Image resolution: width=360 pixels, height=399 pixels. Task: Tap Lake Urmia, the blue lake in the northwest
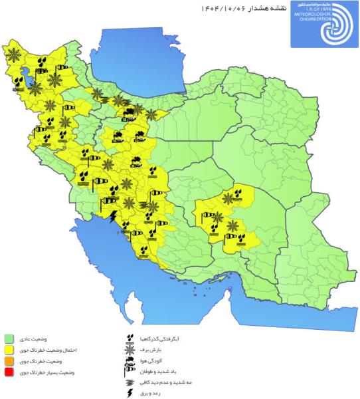[x=29, y=78]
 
